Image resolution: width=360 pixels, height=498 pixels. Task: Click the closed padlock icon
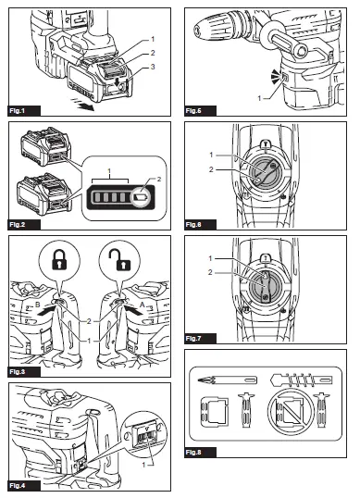pos(59,260)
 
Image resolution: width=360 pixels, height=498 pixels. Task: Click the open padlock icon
pos(119,259)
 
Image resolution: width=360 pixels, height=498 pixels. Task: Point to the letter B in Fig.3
pos(37,305)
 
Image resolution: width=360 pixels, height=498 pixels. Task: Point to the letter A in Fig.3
pos(143,305)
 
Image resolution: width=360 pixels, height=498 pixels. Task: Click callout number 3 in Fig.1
pos(153,67)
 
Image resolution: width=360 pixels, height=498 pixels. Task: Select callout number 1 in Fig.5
pos(259,98)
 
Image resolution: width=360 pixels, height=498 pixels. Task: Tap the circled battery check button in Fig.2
pos(141,197)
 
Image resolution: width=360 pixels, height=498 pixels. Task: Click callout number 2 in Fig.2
pos(159,180)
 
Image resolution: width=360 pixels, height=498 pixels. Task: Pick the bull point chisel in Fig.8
pos(227,380)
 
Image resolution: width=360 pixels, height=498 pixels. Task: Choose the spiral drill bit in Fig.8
pos(302,380)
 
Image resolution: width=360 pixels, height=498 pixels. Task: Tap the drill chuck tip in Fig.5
pos(197,31)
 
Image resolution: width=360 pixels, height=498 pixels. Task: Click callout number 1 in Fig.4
pos(143,465)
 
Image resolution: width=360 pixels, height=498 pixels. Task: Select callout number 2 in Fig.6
pos(211,169)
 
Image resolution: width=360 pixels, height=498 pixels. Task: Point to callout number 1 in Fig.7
pos(210,258)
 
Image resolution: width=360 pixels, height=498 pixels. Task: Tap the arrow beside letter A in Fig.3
pos(133,310)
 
